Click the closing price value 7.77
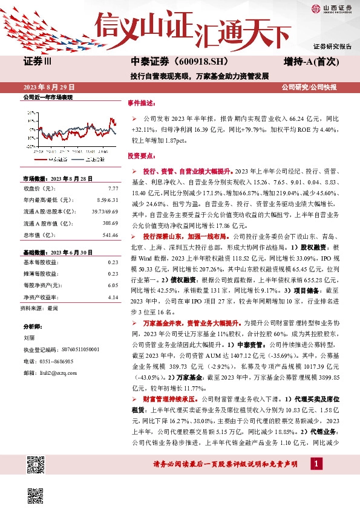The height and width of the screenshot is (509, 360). tap(113, 189)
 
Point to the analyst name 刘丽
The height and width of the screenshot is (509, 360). tap(29, 338)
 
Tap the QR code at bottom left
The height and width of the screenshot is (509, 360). tap(36, 466)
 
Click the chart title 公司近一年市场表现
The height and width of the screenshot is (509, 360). tap(47, 97)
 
